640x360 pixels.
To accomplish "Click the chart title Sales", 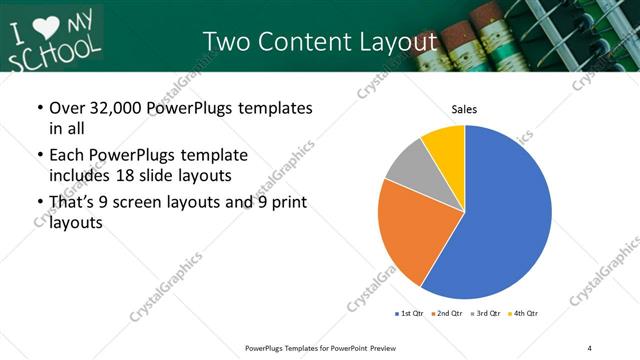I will tap(464, 110).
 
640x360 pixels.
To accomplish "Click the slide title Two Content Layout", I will tap(320, 41).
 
